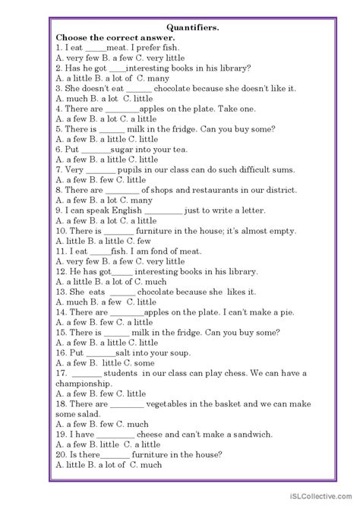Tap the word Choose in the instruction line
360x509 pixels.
point(74,36)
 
